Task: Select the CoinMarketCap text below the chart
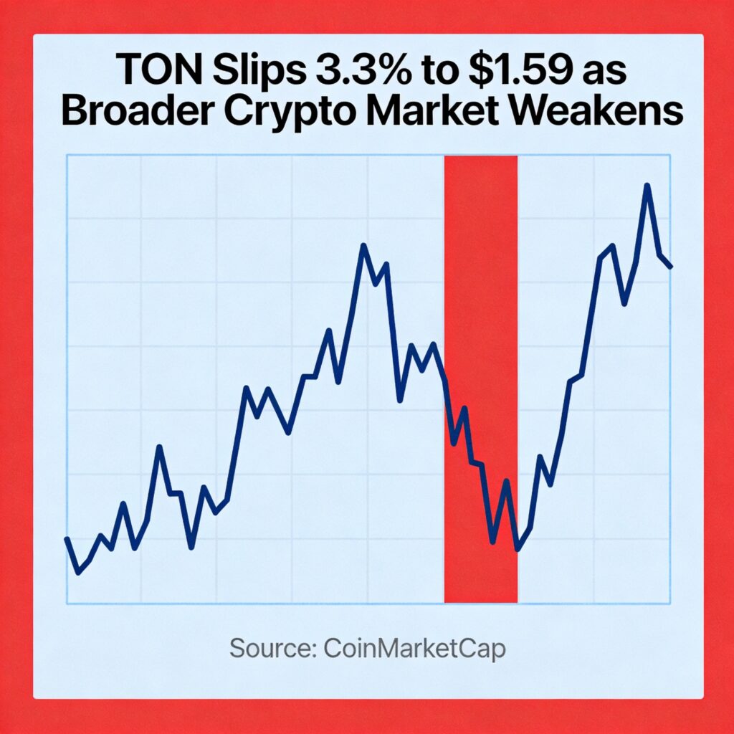pos(414,649)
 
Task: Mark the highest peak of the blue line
pos(647,186)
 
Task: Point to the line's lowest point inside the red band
pos(517,550)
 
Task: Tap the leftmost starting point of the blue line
pos(67,538)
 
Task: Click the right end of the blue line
pos(671,267)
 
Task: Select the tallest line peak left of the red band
pos(363,246)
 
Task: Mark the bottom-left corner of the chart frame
pos(67,603)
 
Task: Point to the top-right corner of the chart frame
pos(670,155)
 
